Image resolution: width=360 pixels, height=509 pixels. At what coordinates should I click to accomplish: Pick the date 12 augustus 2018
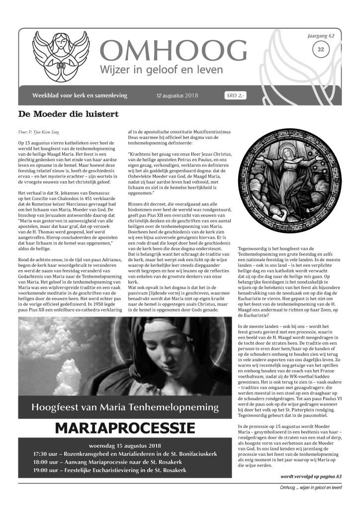click(177, 96)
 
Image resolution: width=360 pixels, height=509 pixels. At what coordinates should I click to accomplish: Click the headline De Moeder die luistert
click(68, 114)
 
